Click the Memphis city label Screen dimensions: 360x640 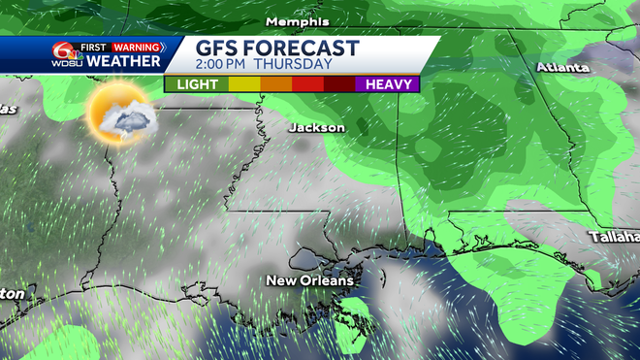click(297, 21)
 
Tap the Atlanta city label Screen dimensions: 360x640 click(562, 68)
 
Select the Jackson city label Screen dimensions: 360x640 click(316, 127)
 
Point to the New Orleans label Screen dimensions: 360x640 click(310, 280)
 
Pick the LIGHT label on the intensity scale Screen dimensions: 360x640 click(197, 84)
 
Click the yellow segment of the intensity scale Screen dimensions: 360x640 click(243, 84)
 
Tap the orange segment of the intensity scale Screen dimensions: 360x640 click(275, 84)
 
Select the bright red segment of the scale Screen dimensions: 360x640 click(307, 84)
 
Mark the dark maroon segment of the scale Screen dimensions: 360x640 click(339, 84)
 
